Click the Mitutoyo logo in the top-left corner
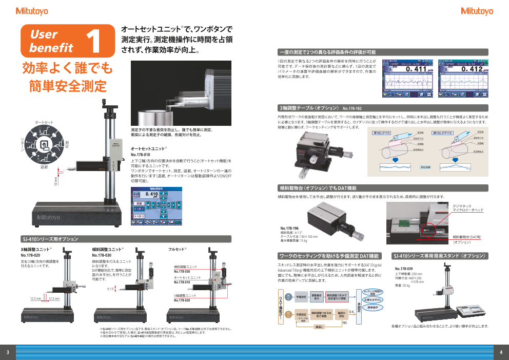tap(32, 11)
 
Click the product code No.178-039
tap(403, 269)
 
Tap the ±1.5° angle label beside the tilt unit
tap(110, 289)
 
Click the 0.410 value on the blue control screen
tap(151, 195)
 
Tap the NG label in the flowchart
tap(344, 322)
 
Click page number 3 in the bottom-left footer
tap(8, 352)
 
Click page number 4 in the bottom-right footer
tap(501, 352)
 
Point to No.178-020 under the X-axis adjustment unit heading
tap(30, 255)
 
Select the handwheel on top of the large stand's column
tap(109, 108)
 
